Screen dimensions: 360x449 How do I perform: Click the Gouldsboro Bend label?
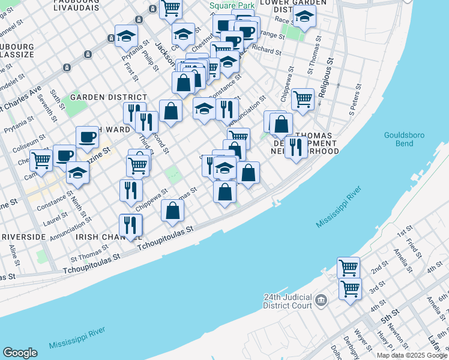point(405,139)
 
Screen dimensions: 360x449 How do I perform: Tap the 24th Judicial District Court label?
point(289,301)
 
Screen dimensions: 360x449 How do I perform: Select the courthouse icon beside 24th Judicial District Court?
point(321,299)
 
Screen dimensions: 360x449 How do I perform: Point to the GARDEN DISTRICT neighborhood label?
point(109,97)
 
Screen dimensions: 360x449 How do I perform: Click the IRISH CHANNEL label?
point(101,237)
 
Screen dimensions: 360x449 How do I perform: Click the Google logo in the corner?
point(20,353)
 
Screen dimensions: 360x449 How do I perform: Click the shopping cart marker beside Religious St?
point(303,98)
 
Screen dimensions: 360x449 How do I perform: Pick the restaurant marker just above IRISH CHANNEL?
point(130,225)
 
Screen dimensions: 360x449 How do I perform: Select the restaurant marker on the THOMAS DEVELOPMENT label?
point(296,146)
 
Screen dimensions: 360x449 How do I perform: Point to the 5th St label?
point(390,316)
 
